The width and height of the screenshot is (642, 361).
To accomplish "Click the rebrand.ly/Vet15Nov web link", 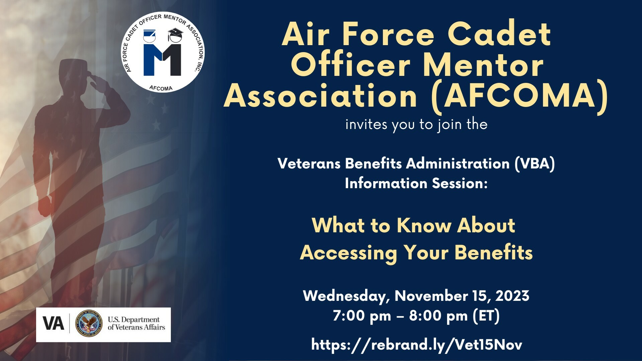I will point(416,345).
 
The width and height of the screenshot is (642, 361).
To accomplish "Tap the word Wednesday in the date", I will point(346,296).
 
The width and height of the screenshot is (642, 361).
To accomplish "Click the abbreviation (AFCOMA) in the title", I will point(519,96).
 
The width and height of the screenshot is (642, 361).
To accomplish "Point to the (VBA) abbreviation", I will point(534,164).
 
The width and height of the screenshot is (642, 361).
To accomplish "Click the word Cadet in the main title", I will point(499,34).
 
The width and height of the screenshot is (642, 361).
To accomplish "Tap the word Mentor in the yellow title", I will point(483,65).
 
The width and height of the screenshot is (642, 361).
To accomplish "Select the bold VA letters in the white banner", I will point(53,324).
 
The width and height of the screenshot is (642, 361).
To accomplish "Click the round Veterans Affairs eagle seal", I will point(89,323).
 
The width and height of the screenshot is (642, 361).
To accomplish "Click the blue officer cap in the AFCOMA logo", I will point(149,35).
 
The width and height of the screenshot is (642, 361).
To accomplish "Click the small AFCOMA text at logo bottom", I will point(161,88).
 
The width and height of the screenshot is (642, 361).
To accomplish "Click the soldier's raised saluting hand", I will point(97,80).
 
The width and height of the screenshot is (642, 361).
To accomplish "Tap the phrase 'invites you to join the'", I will point(416,125).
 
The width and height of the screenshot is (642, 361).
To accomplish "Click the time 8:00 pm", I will point(438,316).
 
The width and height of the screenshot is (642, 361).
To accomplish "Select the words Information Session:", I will point(416,184).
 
